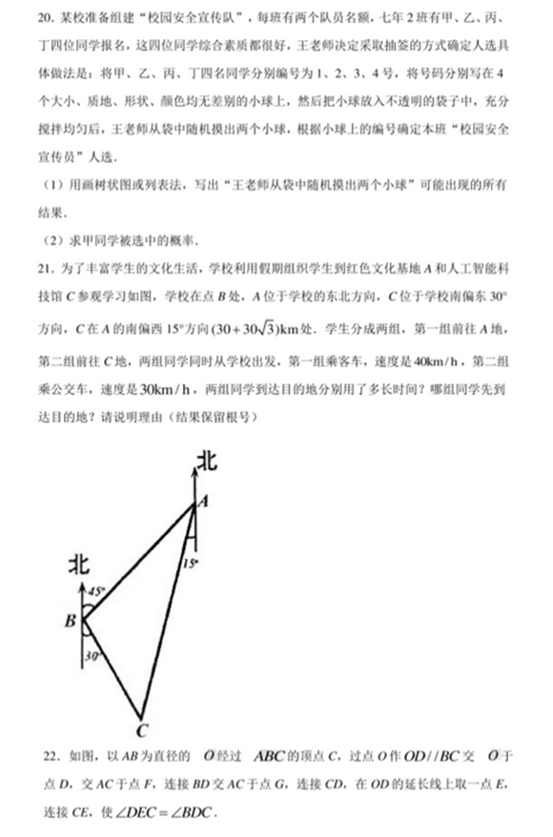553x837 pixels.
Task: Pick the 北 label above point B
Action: click(x=82, y=565)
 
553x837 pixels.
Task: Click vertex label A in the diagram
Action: click(x=201, y=499)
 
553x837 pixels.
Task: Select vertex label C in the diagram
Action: click(x=140, y=732)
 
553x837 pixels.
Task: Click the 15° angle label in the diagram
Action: click(x=191, y=563)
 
